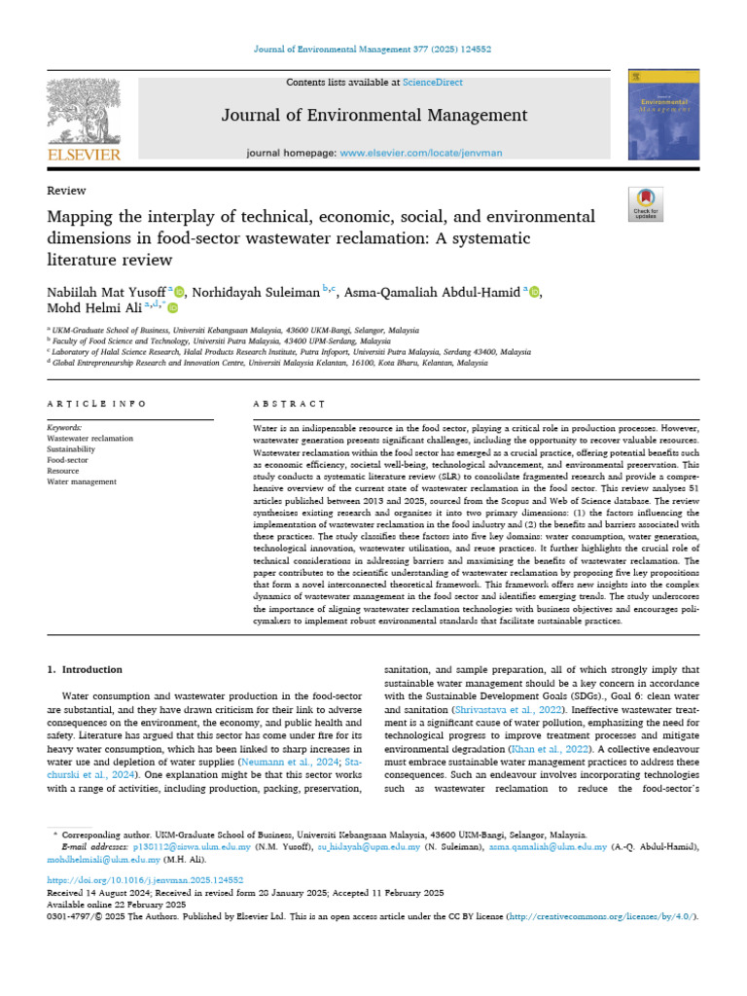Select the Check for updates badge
[645, 206]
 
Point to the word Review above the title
[66, 191]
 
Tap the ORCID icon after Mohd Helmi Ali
[173, 308]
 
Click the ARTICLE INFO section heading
[97, 403]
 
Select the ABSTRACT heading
[289, 403]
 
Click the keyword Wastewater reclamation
[90, 439]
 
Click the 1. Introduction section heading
[86, 670]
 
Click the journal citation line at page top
[373, 49]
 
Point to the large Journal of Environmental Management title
[373, 116]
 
